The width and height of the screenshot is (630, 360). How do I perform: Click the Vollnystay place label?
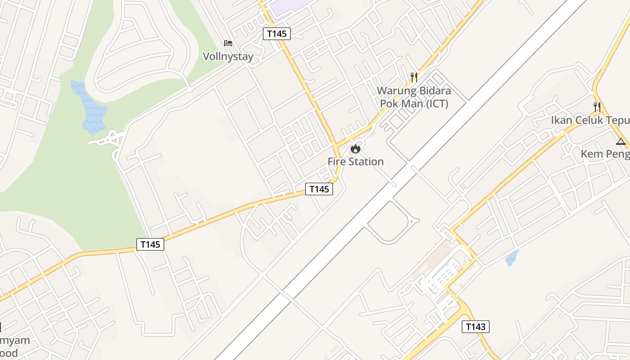[228, 56]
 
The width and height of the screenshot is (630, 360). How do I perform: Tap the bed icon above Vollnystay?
[228, 43]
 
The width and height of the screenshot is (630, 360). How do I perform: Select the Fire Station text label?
[355, 162]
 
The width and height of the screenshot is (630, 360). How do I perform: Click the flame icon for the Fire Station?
[355, 148]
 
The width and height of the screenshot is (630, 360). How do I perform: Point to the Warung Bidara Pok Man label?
[414, 97]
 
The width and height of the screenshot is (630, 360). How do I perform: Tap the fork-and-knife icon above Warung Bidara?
[414, 77]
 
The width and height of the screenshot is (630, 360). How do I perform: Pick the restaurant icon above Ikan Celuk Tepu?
[597, 107]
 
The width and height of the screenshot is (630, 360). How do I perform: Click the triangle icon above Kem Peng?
[621, 142]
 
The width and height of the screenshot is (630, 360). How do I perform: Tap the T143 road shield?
[475, 327]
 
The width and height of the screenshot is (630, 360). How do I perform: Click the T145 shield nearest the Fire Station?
[319, 189]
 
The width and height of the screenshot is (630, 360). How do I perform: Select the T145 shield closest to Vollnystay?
[277, 33]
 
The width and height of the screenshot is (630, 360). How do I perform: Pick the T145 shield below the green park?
[150, 244]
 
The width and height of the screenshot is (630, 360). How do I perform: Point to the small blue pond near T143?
[512, 258]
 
